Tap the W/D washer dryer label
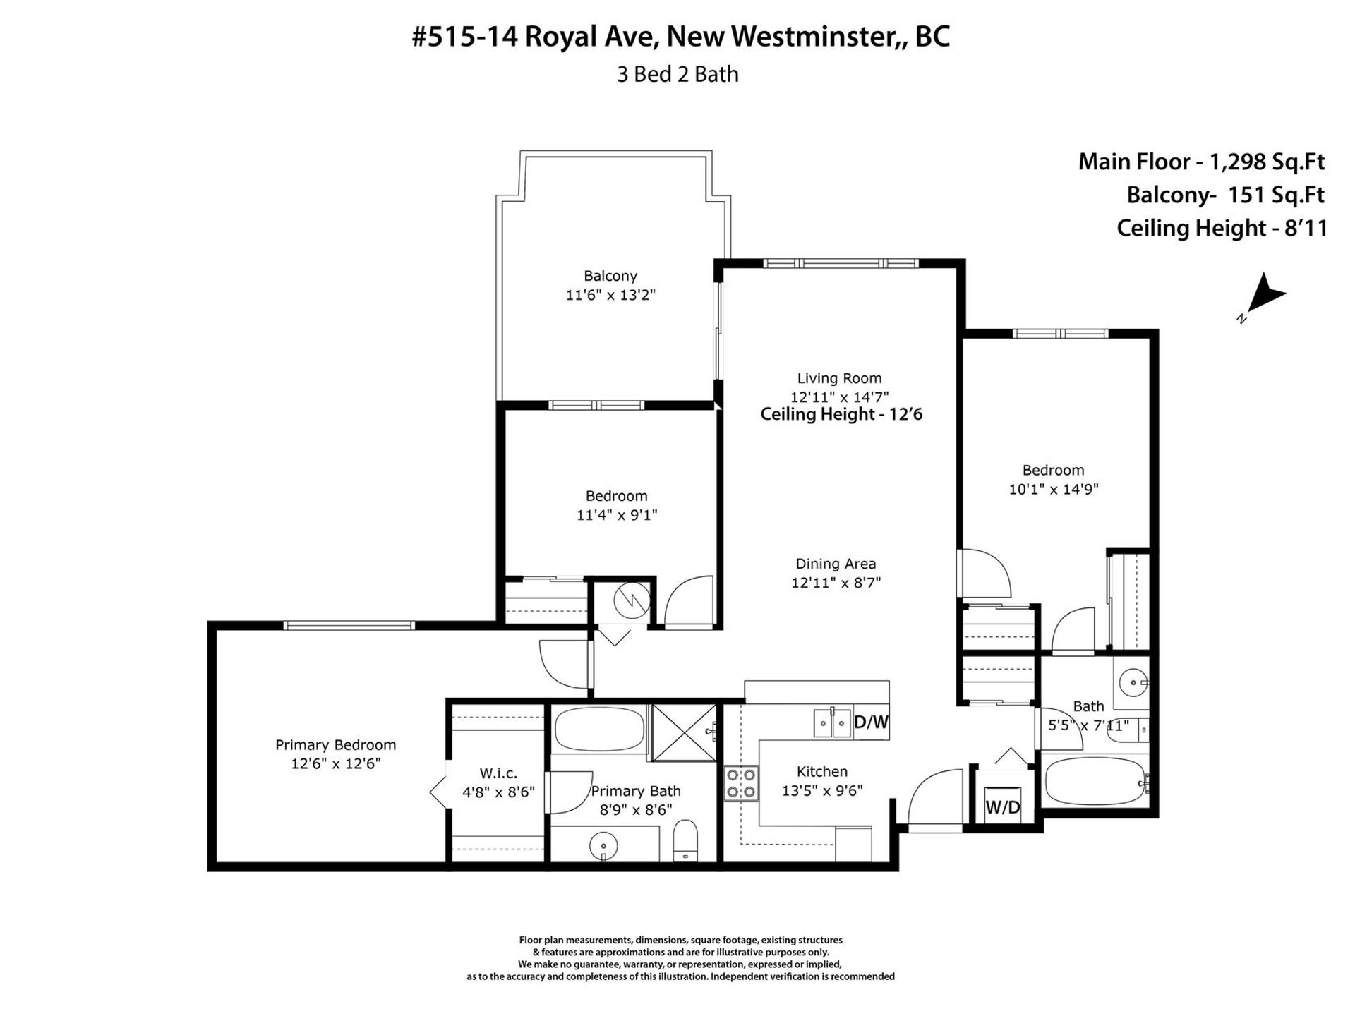point(1002,807)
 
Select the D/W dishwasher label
point(871,722)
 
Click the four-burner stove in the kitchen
point(741,783)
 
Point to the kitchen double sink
point(832,722)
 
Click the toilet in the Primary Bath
point(685,841)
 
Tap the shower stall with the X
point(683,733)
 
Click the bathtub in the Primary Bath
point(599,730)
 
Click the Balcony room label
point(610,276)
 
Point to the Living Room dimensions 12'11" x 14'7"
point(839,397)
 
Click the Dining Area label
point(836,564)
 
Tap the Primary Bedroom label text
point(335,745)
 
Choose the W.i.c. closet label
point(499,774)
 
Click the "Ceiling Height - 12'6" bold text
point(841,414)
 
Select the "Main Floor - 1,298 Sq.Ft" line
point(1201,162)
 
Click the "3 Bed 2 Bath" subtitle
point(677,74)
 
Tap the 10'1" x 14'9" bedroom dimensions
point(1054,489)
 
